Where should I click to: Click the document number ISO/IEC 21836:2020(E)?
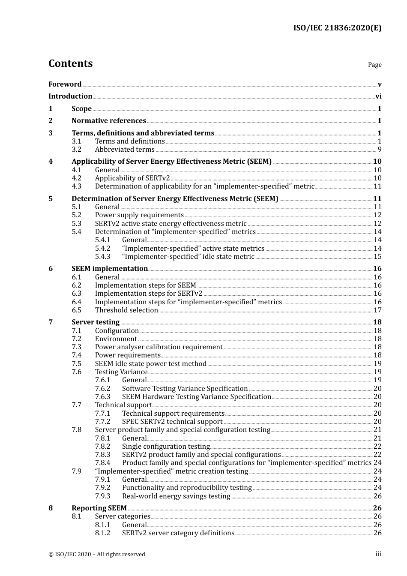click(337, 28)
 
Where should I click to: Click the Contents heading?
click(70, 63)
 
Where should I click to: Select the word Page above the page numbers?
click(374, 65)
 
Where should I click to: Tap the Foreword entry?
click(65, 84)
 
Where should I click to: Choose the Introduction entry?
click(70, 96)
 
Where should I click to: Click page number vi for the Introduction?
click(378, 96)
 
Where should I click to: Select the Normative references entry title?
click(109, 121)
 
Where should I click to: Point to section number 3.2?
click(76, 150)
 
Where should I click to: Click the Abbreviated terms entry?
click(125, 150)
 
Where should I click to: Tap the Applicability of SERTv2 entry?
click(132, 178)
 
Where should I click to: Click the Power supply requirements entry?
click(139, 215)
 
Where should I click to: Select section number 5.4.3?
click(102, 257)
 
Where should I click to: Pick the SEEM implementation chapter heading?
click(110, 269)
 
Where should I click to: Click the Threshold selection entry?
click(126, 310)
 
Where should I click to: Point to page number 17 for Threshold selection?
click(377, 310)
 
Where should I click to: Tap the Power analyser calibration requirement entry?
click(159, 347)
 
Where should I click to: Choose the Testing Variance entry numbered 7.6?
click(121, 372)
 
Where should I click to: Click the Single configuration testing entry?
click(166, 447)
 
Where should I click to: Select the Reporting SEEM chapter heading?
click(99, 508)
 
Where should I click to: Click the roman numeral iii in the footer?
click(378, 554)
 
